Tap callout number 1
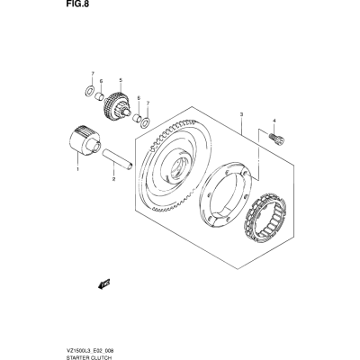77,169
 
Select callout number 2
114,179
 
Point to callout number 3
241,114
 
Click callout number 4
274,121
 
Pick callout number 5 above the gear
121,80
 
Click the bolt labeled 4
276,140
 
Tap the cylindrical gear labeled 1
84,140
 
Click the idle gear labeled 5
117,105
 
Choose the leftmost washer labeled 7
89,91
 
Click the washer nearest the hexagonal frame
146,121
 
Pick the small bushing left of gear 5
100,96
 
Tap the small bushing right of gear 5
137,117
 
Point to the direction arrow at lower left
104,283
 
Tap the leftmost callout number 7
93,74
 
